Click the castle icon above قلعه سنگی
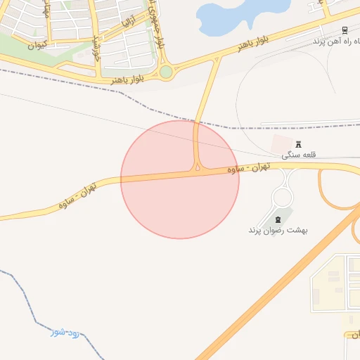pyautogui.click(x=298, y=144)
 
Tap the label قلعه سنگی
pyautogui.click(x=297, y=155)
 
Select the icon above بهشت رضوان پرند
pyautogui.click(x=285, y=220)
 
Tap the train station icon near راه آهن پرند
pyautogui.click(x=344, y=30)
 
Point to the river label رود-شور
pyautogui.click(x=64, y=330)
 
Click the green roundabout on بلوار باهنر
pyautogui.click(x=166, y=72)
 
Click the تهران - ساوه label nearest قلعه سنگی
pyautogui.click(x=250, y=168)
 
